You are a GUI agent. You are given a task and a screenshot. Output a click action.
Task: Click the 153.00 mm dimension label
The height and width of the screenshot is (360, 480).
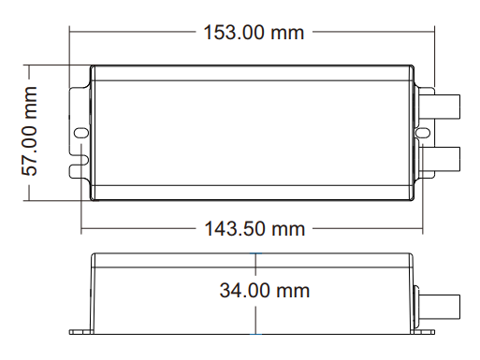pos(254,33)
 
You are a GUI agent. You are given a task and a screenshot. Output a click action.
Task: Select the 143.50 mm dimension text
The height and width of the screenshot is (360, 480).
pos(255,229)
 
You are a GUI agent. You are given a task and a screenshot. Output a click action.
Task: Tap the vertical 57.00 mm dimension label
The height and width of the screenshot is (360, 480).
pos(30,131)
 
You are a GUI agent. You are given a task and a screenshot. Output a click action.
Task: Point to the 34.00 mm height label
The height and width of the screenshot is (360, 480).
pos(265,291)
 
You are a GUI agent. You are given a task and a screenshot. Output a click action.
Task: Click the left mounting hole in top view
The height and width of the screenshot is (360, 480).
pos(81,133)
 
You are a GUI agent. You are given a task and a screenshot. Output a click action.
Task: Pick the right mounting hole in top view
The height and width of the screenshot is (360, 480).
pos(423,133)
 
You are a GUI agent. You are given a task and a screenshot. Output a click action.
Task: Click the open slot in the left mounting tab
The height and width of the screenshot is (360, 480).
pos(80,160)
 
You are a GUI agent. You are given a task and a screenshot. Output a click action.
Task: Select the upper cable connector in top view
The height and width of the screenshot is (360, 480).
pos(439,107)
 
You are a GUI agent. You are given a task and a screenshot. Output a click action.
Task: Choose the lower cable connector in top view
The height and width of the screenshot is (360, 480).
pos(439,159)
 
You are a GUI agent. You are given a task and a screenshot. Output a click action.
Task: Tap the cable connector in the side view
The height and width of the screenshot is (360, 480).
pos(439,307)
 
